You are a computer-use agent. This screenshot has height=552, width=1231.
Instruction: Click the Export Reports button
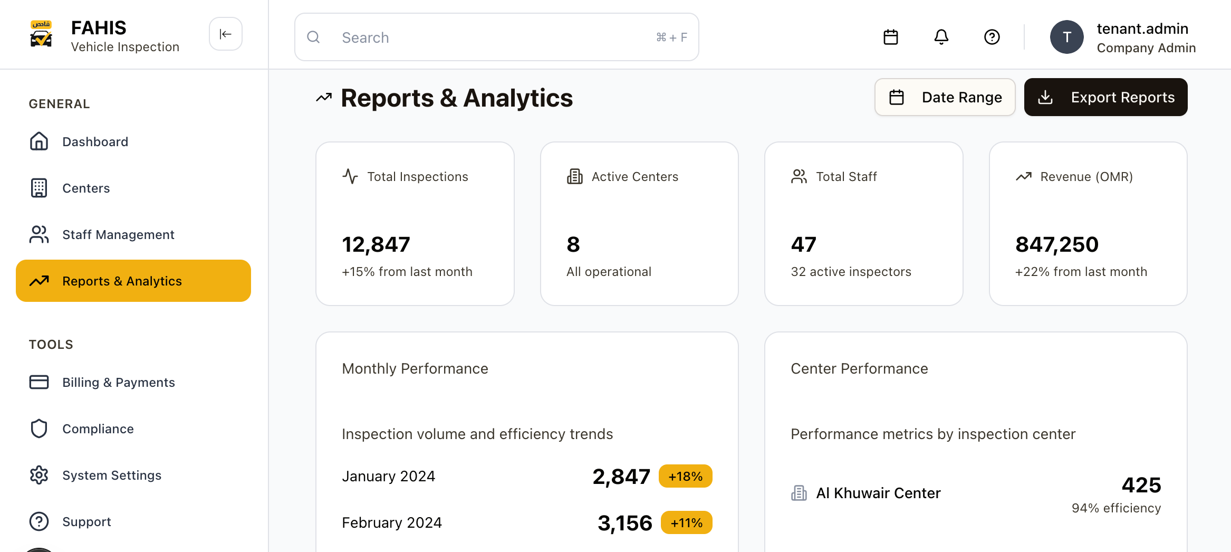(1105, 97)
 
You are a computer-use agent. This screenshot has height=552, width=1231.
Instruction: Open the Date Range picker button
(945, 97)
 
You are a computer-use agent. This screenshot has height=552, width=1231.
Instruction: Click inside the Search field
(496, 37)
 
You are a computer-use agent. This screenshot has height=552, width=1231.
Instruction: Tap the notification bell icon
(941, 37)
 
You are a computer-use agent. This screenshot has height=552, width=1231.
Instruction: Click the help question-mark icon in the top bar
(992, 37)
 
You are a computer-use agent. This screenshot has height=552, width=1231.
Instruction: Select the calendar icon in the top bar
(890, 37)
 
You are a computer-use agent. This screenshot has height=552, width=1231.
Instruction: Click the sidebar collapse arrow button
(225, 34)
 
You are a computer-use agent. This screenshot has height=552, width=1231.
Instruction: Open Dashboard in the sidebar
(95, 142)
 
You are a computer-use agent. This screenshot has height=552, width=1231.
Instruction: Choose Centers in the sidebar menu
(86, 188)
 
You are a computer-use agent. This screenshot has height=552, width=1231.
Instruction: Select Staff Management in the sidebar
(118, 235)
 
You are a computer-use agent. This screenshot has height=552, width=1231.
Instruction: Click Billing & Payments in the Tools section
(118, 383)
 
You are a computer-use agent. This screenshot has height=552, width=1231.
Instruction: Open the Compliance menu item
(98, 429)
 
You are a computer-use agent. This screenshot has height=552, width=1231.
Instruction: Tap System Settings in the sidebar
(111, 475)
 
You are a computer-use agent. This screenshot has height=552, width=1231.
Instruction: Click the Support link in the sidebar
(86, 522)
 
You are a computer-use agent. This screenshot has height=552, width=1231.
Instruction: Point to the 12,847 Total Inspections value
(376, 244)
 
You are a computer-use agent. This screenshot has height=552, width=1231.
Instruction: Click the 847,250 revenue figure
(1057, 244)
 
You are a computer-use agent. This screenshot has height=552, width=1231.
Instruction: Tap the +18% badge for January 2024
(685, 477)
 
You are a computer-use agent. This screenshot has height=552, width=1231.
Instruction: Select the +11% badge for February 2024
(686, 523)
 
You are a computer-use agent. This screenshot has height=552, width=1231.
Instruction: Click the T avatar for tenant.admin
(1066, 37)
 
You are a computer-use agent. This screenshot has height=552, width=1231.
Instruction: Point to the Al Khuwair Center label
(878, 493)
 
